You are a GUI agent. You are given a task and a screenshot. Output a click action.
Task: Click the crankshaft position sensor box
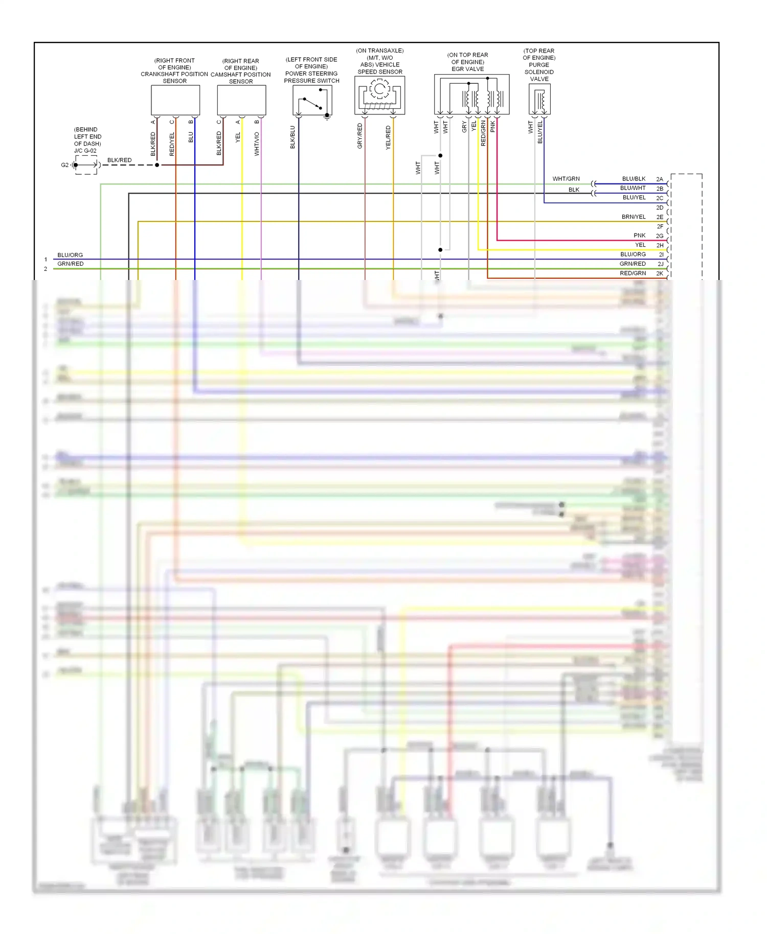(x=175, y=100)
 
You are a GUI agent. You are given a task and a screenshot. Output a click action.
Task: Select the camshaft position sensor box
(x=241, y=100)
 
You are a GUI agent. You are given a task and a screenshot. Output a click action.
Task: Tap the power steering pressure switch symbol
(x=312, y=100)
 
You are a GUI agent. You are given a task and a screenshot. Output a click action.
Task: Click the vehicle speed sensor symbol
(x=379, y=95)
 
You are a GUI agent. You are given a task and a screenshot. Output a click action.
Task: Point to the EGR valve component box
(x=471, y=95)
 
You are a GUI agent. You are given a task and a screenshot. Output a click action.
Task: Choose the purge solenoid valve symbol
(x=539, y=99)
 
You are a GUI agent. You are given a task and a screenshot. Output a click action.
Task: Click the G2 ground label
(x=65, y=165)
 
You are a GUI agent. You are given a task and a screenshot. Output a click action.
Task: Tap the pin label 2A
(x=660, y=179)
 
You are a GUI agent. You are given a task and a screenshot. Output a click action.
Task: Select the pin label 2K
(x=660, y=273)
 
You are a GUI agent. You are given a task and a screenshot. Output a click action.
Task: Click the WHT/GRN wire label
(x=566, y=179)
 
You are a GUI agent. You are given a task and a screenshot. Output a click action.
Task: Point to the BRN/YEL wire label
(x=634, y=217)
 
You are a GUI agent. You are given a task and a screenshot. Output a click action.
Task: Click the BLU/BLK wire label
(x=634, y=179)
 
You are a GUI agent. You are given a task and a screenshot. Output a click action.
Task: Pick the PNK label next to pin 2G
(x=640, y=236)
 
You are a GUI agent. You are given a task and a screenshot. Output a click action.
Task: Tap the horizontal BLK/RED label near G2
(x=119, y=160)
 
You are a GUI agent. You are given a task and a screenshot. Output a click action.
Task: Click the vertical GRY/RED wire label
(x=360, y=136)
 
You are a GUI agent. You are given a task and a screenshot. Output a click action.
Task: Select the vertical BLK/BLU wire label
(x=293, y=137)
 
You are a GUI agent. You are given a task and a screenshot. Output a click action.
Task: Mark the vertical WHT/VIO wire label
(x=257, y=144)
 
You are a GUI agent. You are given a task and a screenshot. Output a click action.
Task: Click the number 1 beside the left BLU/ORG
(x=46, y=260)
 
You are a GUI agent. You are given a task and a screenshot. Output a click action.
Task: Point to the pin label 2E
(x=660, y=217)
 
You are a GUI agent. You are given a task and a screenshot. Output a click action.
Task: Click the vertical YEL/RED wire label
(x=388, y=137)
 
